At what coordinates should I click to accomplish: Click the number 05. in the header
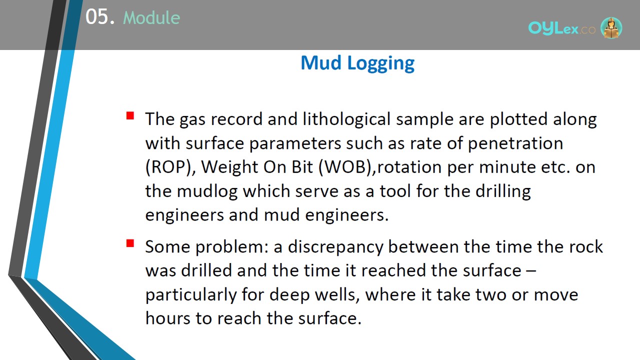[100, 17]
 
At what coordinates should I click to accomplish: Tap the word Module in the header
[151, 17]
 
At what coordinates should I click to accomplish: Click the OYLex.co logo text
[561, 28]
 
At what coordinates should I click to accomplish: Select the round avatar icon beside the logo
[611, 27]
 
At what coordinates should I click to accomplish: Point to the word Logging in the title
[381, 63]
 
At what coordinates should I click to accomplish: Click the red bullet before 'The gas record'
[130, 115]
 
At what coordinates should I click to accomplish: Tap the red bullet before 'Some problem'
[130, 243]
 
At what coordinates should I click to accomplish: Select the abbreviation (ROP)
[170, 167]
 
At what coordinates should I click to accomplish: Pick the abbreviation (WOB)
[347, 167]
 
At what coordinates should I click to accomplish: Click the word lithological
[346, 119]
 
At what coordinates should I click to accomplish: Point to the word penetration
[515, 143]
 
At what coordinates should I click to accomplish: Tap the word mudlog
[207, 191]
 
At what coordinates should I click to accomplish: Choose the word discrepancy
[335, 247]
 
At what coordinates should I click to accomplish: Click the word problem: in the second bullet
[232, 247]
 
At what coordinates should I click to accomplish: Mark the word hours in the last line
[167, 318]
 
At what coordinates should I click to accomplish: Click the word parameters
[295, 143]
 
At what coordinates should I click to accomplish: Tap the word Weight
[229, 167]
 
